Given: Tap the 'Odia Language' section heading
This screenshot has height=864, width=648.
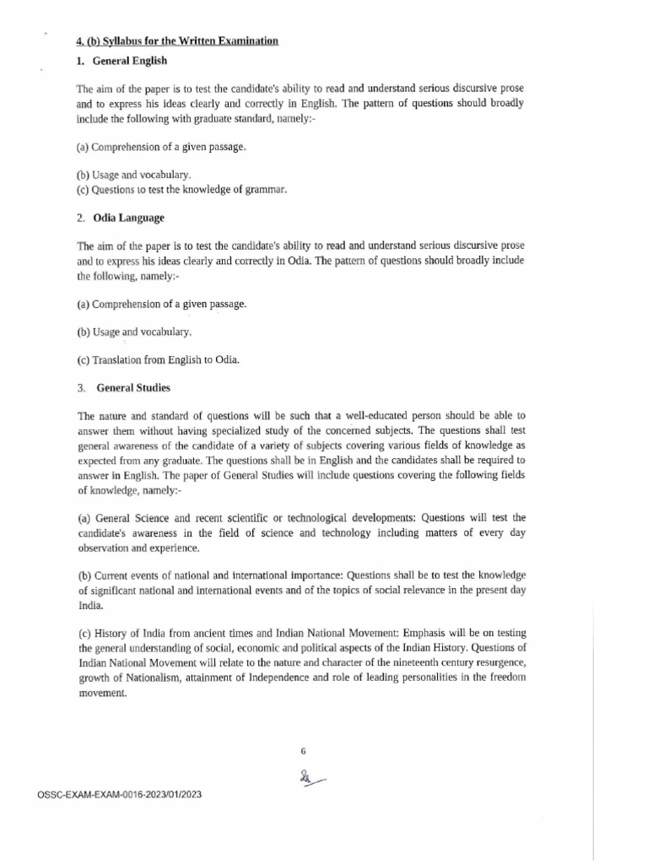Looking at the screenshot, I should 128,218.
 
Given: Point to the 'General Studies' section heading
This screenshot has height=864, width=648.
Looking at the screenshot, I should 133,388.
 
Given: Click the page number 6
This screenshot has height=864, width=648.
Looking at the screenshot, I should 303,750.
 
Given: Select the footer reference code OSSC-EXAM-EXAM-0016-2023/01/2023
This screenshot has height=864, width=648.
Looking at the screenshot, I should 120,795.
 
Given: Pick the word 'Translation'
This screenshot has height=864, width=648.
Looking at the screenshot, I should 120,360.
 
